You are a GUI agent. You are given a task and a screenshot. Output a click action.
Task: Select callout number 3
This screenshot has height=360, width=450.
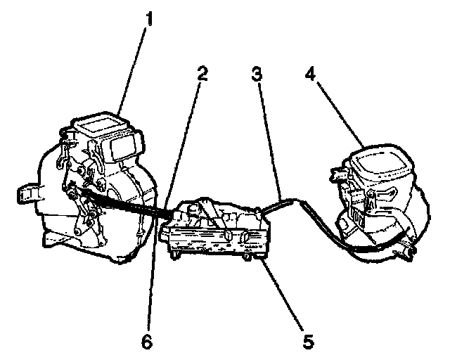point(258,73)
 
